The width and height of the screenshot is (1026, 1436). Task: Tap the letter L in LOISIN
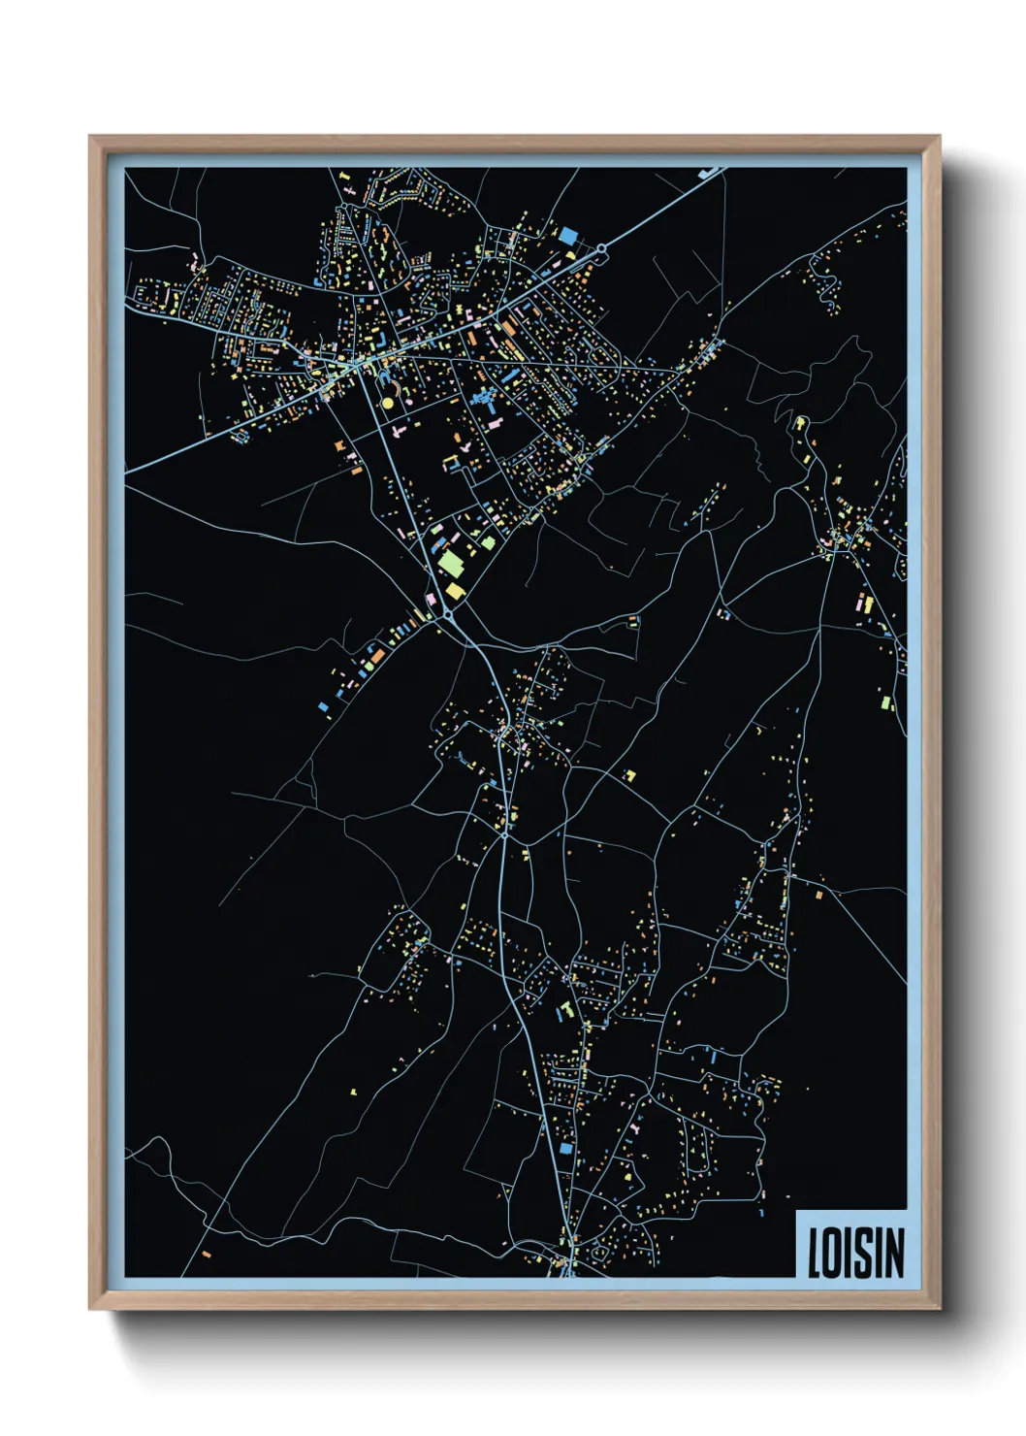pyautogui.click(x=815, y=1253)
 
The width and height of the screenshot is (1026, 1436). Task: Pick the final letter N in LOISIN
pyautogui.click(x=892, y=1253)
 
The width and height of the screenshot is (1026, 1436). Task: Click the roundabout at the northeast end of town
pyautogui.click(x=601, y=249)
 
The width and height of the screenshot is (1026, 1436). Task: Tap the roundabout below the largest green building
pyautogui.click(x=448, y=614)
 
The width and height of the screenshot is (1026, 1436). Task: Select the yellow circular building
pyautogui.click(x=388, y=402)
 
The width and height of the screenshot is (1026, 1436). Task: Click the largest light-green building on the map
pyautogui.click(x=451, y=562)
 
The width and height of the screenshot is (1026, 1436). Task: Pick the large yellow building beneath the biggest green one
pyautogui.click(x=454, y=590)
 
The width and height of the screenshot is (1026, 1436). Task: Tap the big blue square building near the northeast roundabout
pyautogui.click(x=567, y=235)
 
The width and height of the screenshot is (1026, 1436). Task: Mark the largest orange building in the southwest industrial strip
pyautogui.click(x=376, y=657)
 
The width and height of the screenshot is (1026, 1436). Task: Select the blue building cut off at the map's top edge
pyautogui.click(x=708, y=172)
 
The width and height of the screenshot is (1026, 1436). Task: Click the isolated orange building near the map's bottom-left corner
pyautogui.click(x=207, y=1254)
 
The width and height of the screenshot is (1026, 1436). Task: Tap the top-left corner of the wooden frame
pyautogui.click(x=90, y=137)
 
